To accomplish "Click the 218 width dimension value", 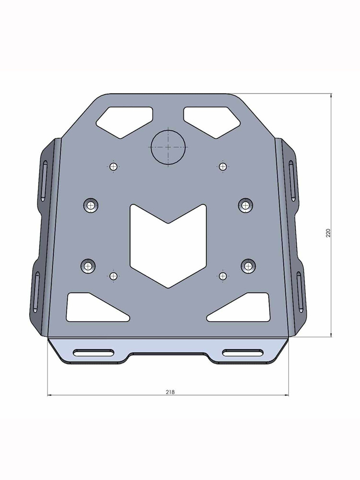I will [170, 392].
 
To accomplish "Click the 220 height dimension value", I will [328, 233].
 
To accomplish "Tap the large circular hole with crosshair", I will [168, 146].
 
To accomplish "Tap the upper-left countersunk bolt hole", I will [90, 205].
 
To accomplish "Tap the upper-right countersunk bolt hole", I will [246, 205].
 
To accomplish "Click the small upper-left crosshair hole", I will [113, 167].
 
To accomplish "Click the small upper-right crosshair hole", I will [222, 167].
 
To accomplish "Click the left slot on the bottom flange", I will [94, 353].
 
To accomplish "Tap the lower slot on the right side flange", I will [299, 291].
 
